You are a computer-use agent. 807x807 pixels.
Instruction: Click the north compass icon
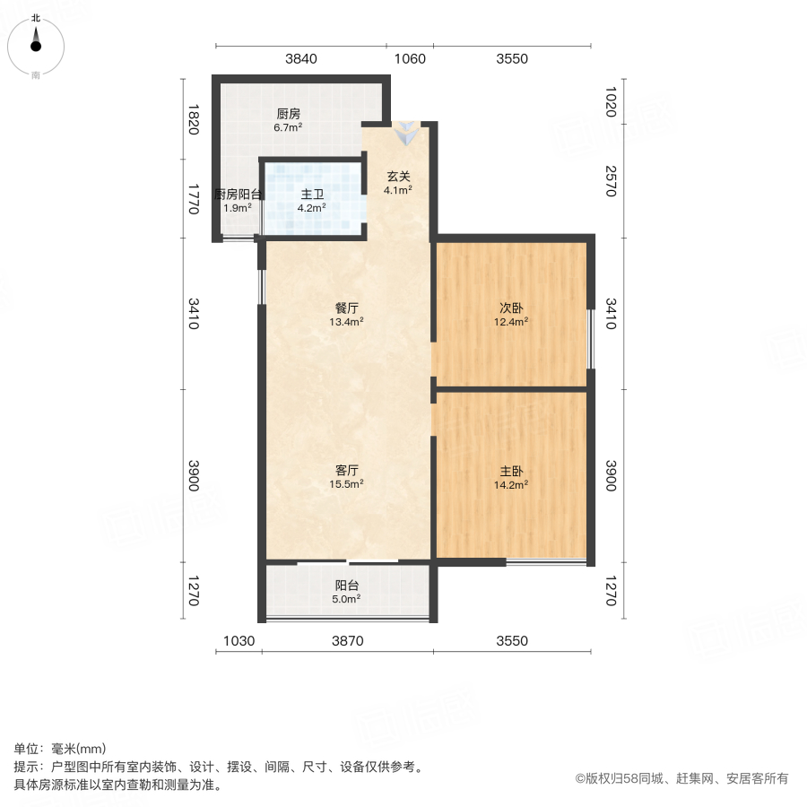(x=36, y=44)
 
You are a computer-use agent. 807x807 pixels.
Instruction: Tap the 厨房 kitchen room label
(x=288, y=114)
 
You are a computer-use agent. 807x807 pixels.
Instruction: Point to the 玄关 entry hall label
(x=398, y=177)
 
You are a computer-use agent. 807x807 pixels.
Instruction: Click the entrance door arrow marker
(x=408, y=134)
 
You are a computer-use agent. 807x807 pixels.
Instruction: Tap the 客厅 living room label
(x=348, y=470)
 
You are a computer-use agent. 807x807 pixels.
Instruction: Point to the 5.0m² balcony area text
(x=348, y=599)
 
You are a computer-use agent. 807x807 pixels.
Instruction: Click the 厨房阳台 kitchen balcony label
(x=238, y=195)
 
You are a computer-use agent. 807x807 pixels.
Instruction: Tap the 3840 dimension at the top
(x=301, y=59)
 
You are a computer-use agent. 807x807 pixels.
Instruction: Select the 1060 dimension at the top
(x=410, y=59)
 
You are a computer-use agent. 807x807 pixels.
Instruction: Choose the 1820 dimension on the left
(x=192, y=118)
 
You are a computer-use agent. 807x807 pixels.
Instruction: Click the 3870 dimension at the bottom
(x=347, y=641)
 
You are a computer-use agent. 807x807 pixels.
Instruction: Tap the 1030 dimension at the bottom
(x=239, y=641)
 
